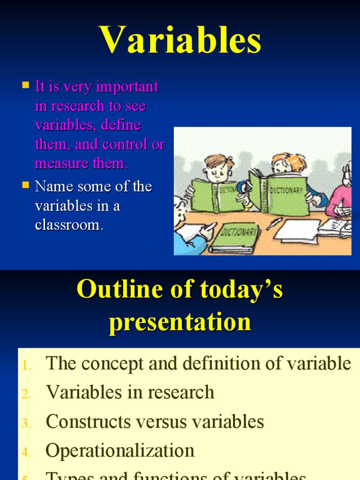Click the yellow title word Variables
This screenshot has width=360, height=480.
[x=180, y=40]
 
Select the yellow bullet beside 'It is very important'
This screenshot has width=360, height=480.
[x=26, y=85]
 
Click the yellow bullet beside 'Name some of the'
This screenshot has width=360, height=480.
[x=26, y=185]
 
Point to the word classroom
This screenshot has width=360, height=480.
[x=68, y=225]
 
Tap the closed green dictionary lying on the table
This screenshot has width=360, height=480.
[x=234, y=238]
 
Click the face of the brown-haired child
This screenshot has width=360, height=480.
[x=218, y=172]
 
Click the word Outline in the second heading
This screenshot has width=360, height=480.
[x=112, y=289]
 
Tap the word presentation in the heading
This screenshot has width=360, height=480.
[x=180, y=322]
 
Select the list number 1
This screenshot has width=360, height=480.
[x=26, y=365]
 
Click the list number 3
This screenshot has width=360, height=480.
[x=26, y=423]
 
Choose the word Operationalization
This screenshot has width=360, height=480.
[x=120, y=451]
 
